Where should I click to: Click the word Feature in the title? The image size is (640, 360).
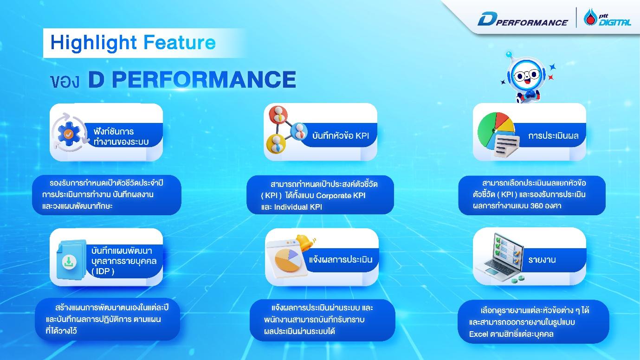[x=180, y=43]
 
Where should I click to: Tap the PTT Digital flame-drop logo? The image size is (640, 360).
[x=590, y=17]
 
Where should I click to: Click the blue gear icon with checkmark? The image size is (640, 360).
[x=69, y=133]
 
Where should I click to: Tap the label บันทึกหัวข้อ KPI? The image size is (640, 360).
[x=341, y=135]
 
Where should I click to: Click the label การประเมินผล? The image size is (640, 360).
[x=553, y=135]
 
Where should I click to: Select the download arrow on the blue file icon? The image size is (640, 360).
[x=69, y=262]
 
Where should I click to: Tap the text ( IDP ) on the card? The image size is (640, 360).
[x=103, y=271]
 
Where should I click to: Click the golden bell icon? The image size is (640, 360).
[x=305, y=242]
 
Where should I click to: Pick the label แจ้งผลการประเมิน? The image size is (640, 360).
[x=341, y=259]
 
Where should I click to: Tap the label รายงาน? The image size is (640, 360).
[x=542, y=260]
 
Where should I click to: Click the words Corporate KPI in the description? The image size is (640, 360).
[x=341, y=196]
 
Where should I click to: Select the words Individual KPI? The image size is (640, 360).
[x=298, y=207]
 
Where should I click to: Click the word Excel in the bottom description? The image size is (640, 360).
[x=478, y=334]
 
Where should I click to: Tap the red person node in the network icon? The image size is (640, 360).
[x=278, y=114]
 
